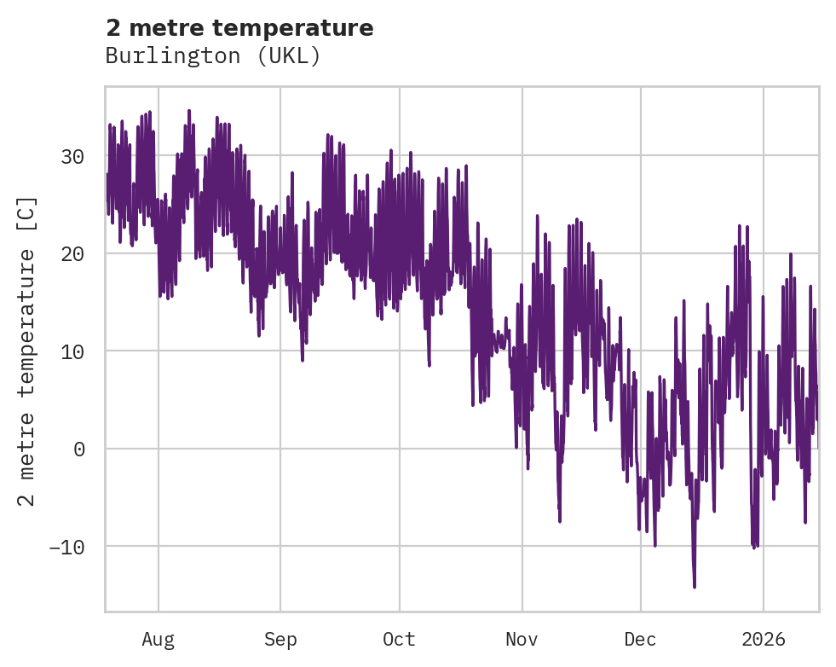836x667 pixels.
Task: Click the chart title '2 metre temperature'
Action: click(239, 28)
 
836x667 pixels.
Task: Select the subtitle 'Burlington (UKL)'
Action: click(213, 56)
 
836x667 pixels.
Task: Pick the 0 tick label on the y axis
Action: click(79, 449)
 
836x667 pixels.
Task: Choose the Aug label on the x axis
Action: click(158, 640)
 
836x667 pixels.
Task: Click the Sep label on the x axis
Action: click(280, 640)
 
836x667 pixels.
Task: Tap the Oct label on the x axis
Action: click(399, 640)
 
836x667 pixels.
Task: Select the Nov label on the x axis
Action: click(522, 640)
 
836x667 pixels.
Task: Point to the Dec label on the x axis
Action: click(640, 640)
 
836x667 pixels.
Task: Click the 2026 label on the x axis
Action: click(763, 640)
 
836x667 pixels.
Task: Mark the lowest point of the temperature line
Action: click(694, 587)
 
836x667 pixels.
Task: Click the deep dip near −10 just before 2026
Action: click(753, 547)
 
